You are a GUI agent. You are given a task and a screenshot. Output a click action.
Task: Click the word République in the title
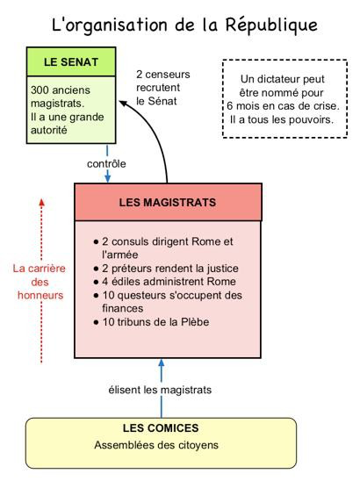271,25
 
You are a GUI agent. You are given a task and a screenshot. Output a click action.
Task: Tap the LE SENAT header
71,62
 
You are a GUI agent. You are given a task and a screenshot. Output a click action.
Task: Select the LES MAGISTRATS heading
168,203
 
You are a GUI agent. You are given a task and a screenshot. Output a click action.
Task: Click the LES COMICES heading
161,428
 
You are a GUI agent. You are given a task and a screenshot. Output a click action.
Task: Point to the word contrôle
106,164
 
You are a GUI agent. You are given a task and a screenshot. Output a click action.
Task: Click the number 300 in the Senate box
38,90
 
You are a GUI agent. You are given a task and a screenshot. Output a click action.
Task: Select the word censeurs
168,75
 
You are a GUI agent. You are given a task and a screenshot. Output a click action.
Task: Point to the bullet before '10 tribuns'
97,322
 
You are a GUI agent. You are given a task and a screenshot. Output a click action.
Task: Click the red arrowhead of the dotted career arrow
42,202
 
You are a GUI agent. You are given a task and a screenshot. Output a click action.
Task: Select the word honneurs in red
40,296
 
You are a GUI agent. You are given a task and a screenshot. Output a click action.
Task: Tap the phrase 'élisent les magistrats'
160,390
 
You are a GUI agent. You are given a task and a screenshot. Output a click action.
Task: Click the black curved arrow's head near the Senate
123,104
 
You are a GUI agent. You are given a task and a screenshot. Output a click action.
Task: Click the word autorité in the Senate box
49,130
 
